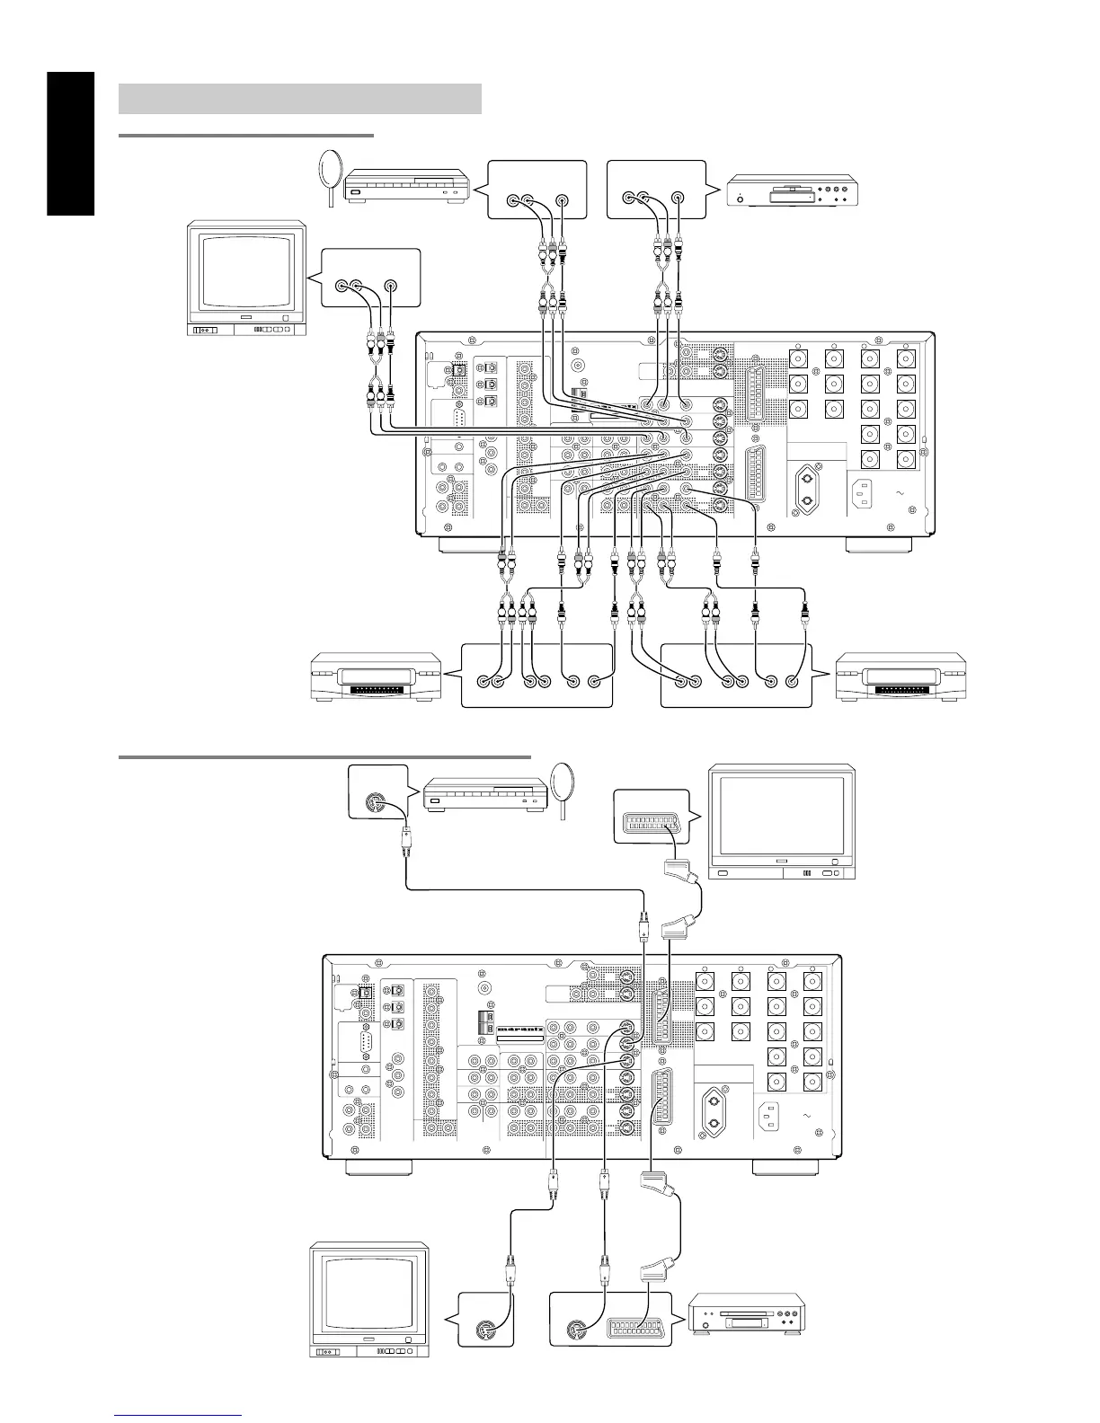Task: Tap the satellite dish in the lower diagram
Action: coord(563,786)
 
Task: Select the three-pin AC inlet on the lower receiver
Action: coord(772,1115)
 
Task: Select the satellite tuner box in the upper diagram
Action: coord(408,189)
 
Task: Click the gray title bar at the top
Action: coord(300,99)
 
